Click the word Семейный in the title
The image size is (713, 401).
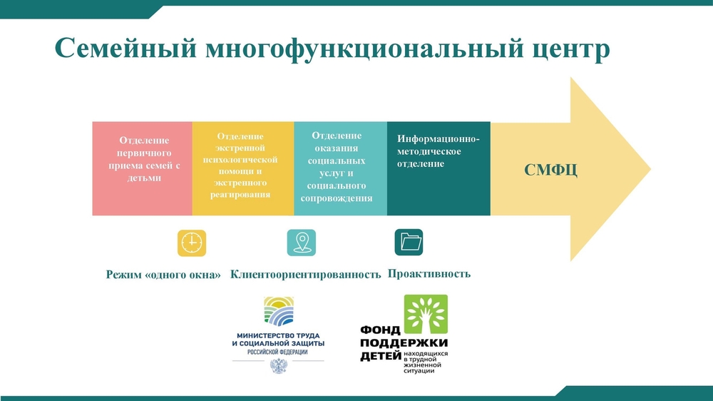[x=126, y=48]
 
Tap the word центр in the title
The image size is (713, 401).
[x=570, y=49]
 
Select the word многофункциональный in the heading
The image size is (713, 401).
[x=364, y=49]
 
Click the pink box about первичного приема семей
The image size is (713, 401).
[x=143, y=168]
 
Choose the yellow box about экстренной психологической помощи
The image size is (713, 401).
[x=243, y=168]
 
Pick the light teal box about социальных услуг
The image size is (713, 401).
[x=341, y=168]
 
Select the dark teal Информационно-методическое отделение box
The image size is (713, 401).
[x=438, y=168]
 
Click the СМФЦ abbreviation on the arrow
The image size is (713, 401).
[x=550, y=170]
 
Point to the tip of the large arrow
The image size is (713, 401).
[x=651, y=169]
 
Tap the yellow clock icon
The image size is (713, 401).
[x=191, y=243]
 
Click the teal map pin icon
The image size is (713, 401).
[x=302, y=243]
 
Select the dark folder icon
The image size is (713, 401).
[x=409, y=242]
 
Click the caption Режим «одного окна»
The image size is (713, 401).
[x=163, y=275]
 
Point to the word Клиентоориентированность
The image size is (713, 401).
[x=306, y=274]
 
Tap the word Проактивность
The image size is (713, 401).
[x=429, y=273]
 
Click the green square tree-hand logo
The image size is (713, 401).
[x=426, y=314]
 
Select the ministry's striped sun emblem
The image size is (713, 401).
[x=279, y=312]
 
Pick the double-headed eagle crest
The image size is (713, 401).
[x=278, y=366]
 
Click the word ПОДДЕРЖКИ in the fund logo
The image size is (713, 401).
[x=404, y=342]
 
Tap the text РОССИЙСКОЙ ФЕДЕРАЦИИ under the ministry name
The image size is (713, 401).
[x=277, y=352]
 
